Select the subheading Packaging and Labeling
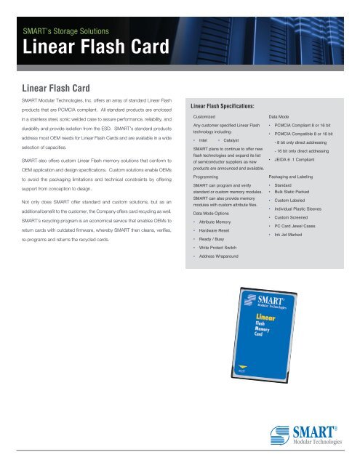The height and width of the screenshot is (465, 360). pos(295,177)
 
